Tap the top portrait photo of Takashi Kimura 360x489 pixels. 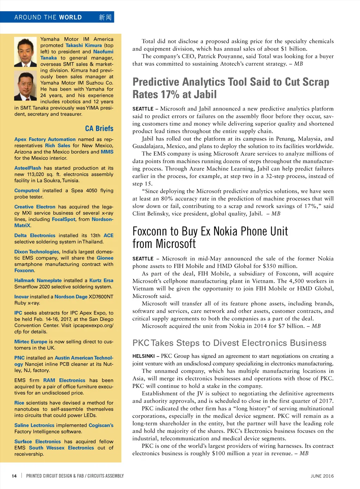pos(25,52)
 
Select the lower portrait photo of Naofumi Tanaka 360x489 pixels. pos(25,86)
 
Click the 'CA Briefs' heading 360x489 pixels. pos(99,129)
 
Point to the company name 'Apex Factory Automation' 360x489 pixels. pos(45,139)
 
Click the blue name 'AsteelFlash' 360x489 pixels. pos(28,168)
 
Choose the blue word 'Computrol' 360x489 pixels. pos(27,191)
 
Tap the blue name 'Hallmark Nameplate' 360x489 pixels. pos(38,281)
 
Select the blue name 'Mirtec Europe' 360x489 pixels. pos(31,342)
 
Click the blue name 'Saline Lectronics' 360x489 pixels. pos(34,425)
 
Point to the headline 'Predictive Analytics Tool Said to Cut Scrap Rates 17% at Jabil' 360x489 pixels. pos(231,88)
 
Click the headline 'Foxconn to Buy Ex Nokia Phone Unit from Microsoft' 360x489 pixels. pos(210,237)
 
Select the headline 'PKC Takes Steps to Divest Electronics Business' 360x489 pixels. pos(229,343)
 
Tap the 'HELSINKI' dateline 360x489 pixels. pos(143,356)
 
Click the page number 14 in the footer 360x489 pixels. pos(14,476)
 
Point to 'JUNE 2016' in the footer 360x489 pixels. pos(322,476)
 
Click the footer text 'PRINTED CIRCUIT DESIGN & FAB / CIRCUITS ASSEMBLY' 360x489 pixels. pos(75,476)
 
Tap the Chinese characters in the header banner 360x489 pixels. pos(105,17)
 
